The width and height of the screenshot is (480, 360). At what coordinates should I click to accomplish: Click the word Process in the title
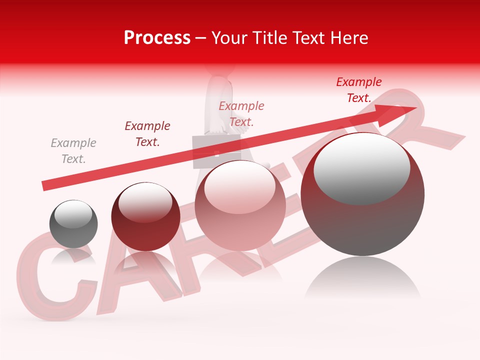click(157, 38)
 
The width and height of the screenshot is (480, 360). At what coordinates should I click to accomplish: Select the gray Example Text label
click(73, 150)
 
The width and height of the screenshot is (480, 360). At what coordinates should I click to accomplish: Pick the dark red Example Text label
click(147, 133)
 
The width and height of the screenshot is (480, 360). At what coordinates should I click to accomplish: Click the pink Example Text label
click(241, 113)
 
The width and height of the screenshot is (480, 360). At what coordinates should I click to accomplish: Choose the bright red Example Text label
click(358, 90)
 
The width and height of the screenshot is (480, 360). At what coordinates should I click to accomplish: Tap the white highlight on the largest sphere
click(361, 167)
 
